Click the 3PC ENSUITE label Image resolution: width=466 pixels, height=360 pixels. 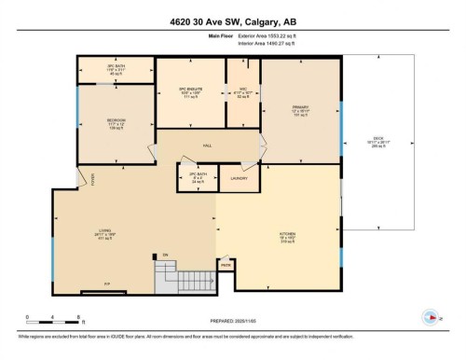pos(190,90)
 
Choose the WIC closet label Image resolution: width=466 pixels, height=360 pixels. pos(243,90)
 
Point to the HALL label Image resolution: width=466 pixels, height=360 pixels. pos(208,145)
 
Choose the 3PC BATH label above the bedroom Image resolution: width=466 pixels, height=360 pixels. pos(115,69)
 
